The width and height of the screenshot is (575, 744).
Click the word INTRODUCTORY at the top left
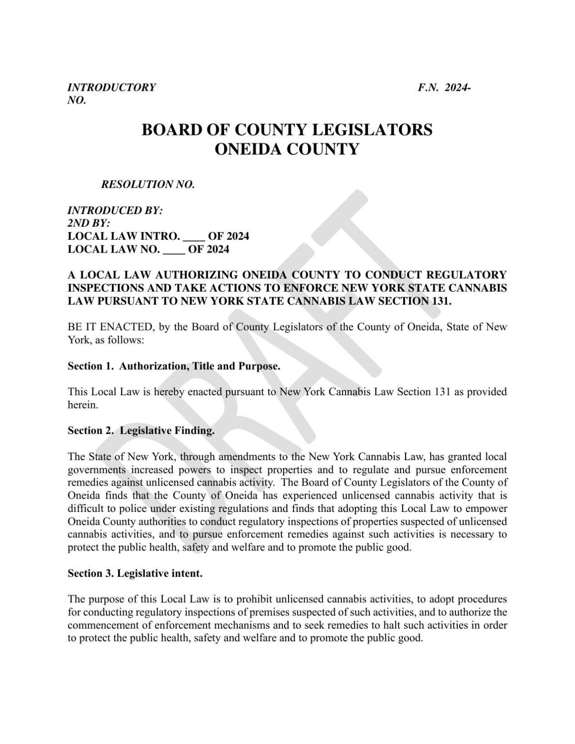click(x=111, y=87)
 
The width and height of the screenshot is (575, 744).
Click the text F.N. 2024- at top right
click(x=444, y=87)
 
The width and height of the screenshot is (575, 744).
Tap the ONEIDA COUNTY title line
click(x=287, y=149)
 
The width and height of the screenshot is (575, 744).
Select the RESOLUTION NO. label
click(x=148, y=184)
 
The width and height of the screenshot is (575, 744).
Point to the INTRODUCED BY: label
click(x=115, y=210)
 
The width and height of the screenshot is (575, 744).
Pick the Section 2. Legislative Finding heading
click(x=141, y=431)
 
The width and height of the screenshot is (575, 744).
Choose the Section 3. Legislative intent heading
click(x=135, y=573)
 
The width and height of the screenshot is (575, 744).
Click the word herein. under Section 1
click(x=83, y=405)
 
